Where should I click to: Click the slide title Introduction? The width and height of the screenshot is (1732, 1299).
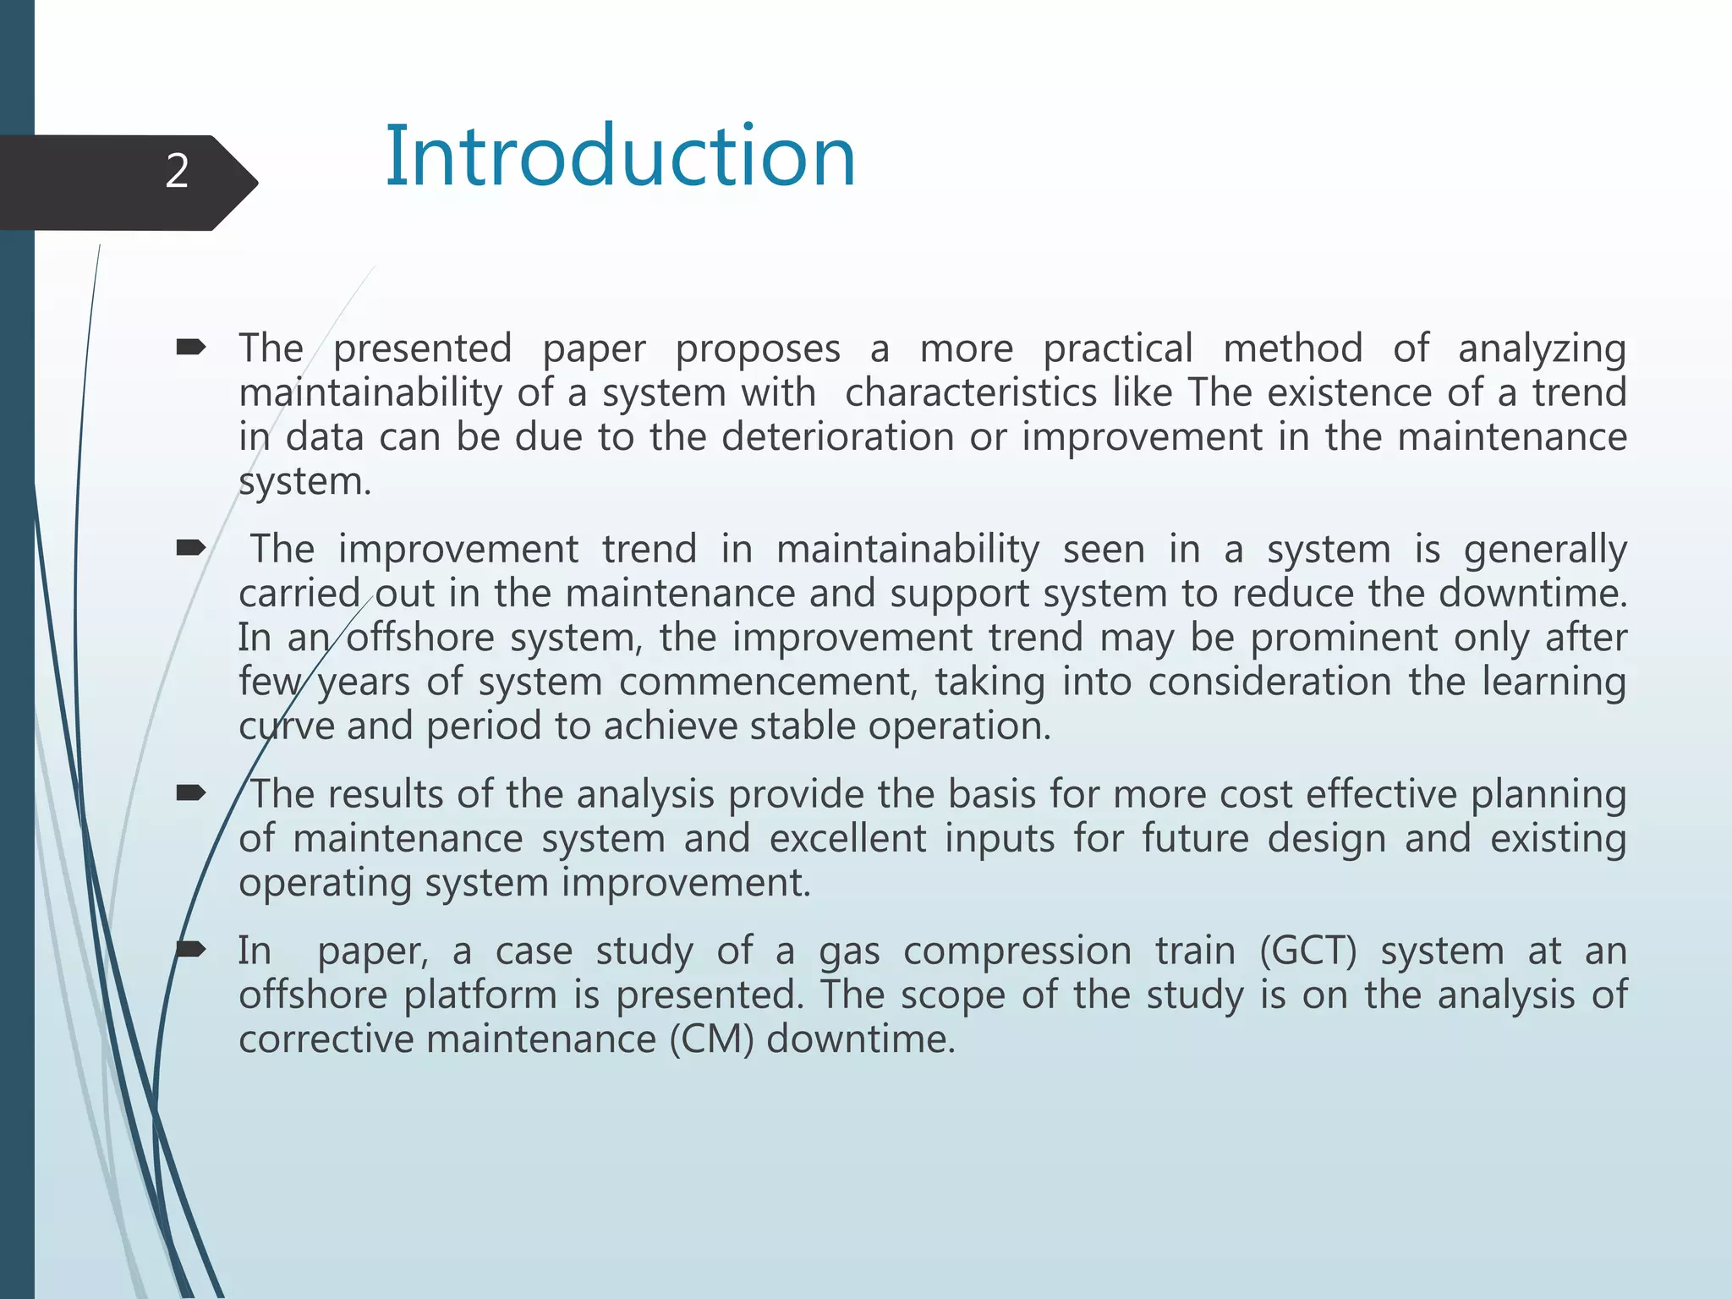tap(620, 156)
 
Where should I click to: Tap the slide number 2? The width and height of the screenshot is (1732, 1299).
tap(177, 172)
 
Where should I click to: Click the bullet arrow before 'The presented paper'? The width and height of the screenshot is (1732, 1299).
tap(191, 347)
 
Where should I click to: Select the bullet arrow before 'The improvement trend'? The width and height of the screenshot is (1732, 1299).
tap(191, 548)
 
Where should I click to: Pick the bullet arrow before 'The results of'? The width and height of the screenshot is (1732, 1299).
tap(191, 793)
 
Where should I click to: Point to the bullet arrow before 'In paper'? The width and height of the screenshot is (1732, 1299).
tap(191, 949)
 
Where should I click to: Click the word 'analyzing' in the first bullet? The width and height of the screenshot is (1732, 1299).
tap(1541, 349)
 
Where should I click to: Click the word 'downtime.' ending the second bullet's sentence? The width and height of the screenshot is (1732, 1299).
tap(1532, 593)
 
